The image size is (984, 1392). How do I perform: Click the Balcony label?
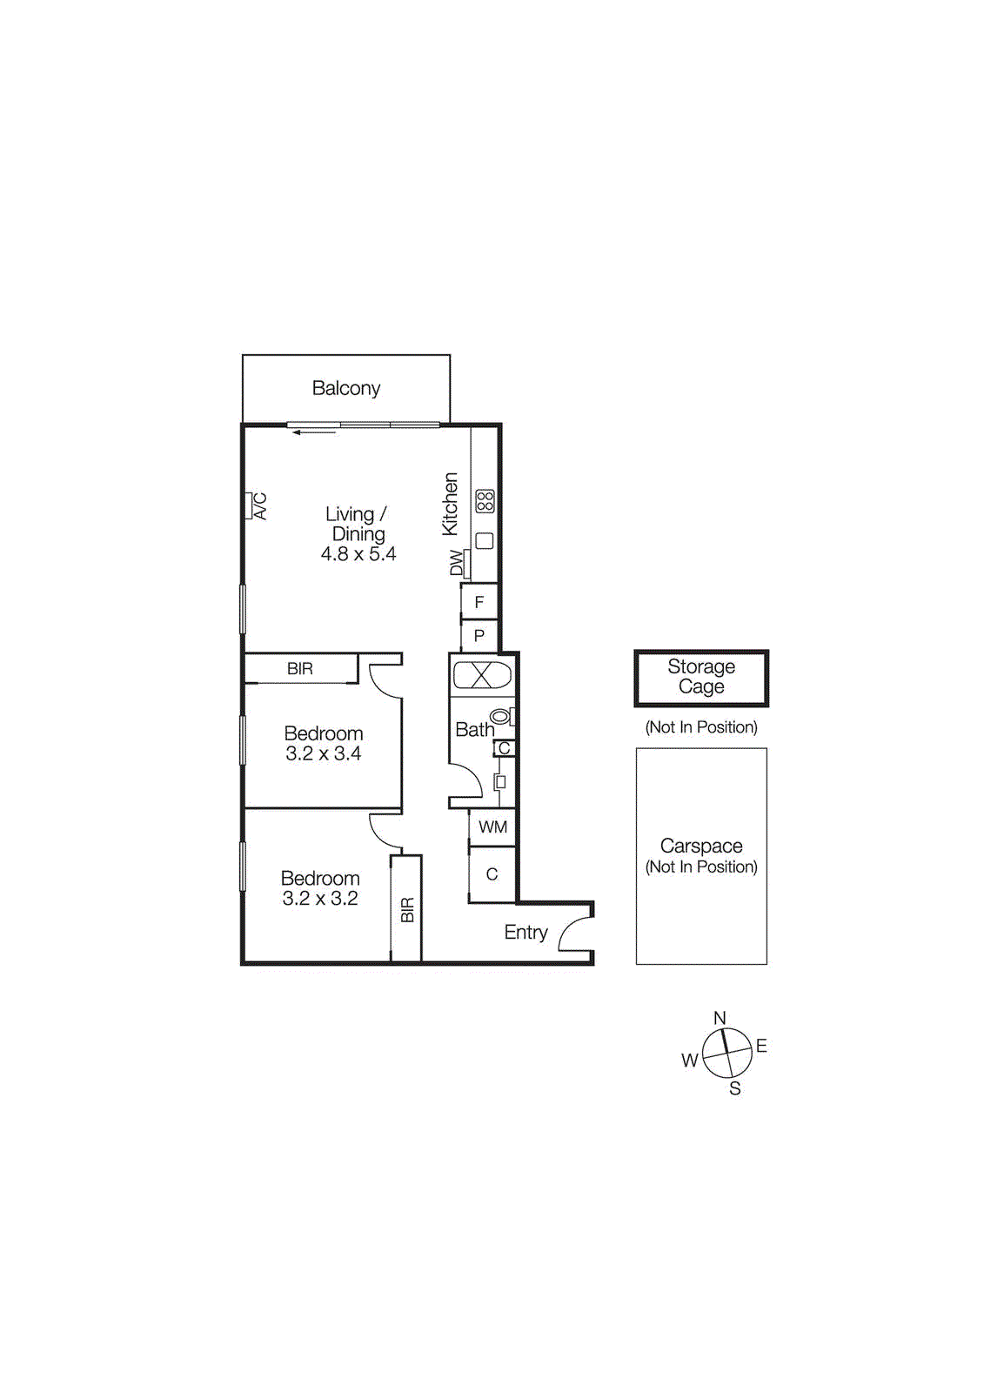pos(346,388)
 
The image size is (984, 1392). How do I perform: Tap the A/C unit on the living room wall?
pos(249,505)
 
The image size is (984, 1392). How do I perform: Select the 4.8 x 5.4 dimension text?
pos(358,554)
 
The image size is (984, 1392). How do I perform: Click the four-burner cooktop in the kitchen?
pos(485,501)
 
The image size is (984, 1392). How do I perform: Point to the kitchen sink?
pos(485,540)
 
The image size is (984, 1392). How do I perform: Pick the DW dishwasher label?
pos(457,563)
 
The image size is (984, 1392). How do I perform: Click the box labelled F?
pos(479,602)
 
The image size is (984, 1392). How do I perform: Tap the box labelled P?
pos(479,636)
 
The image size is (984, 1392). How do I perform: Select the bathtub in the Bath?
pos(483,675)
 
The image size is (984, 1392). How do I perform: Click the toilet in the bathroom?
pos(501,717)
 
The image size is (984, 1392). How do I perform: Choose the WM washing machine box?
pos(492,827)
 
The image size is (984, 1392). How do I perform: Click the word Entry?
pos(525,933)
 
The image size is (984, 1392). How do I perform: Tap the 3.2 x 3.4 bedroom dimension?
pos(324,754)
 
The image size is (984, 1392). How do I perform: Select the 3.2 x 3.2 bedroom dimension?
pos(320,899)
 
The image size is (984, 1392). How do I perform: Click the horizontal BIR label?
pos(300,669)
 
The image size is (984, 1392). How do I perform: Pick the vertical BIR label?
pos(407,910)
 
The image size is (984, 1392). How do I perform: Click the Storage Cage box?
pos(701,678)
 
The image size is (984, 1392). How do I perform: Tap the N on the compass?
pos(720,1018)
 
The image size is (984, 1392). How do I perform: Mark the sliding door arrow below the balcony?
pos(314,432)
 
